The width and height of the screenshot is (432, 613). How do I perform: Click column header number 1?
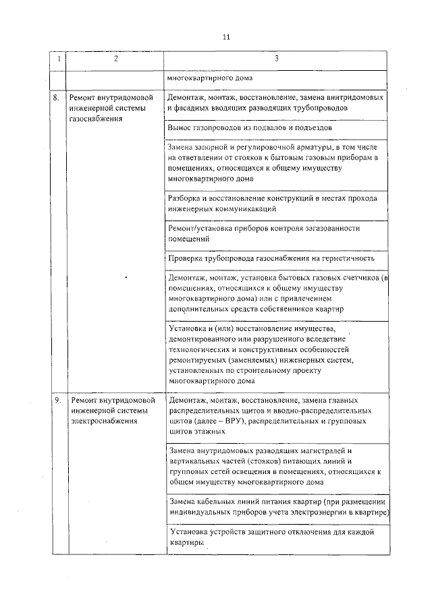click(x=58, y=59)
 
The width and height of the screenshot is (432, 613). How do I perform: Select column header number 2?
click(x=115, y=59)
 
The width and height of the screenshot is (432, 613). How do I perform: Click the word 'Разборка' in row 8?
click(x=184, y=198)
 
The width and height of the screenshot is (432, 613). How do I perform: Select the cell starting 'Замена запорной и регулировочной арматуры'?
click(x=276, y=163)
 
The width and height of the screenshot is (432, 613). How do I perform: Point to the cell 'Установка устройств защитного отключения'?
click(x=276, y=537)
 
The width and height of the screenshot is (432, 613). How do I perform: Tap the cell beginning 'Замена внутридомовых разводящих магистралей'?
click(x=276, y=465)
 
